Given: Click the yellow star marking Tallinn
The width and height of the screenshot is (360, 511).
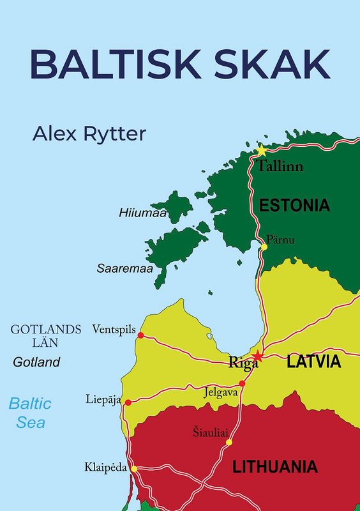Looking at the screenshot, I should (261, 151).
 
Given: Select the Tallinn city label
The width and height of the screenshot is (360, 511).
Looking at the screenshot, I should (280, 167).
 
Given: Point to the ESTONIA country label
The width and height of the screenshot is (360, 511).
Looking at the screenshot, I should (294, 206).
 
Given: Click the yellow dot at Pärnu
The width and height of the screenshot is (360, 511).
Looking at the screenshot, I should (264, 247).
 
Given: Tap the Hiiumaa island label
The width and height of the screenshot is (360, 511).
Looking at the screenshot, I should (142, 213).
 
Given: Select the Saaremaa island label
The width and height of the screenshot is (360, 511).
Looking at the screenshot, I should (124, 269).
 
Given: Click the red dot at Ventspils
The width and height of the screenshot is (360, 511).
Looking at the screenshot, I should (140, 335).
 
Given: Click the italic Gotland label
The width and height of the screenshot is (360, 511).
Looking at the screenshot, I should (36, 362).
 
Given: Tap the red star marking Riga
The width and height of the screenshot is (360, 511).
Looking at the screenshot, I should (257, 356).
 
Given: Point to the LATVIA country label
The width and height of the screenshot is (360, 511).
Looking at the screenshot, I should (313, 362).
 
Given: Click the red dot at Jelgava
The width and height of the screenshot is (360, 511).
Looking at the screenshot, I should (242, 383).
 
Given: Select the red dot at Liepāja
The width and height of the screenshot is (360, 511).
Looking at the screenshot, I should (128, 402).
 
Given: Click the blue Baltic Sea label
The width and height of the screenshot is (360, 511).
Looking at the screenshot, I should (29, 413).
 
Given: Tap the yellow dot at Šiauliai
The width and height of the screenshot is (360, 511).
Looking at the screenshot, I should (229, 441).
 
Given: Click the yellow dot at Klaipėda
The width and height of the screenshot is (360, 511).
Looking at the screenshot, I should (134, 468).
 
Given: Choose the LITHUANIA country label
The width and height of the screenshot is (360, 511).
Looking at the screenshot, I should (275, 466).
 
